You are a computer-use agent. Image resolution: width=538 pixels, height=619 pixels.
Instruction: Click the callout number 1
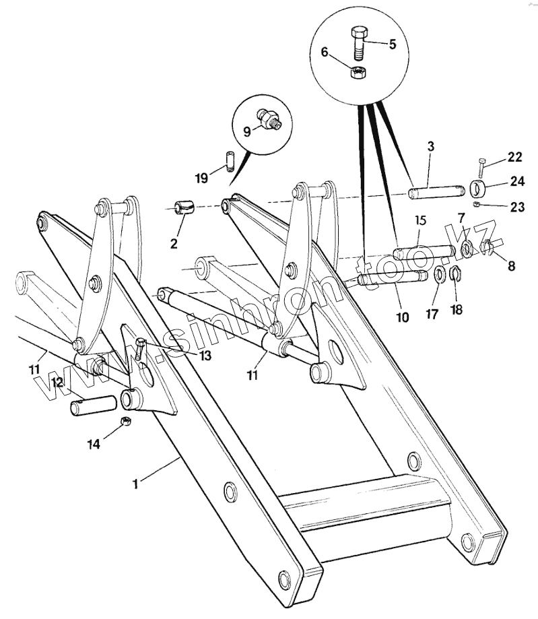click(x=135, y=483)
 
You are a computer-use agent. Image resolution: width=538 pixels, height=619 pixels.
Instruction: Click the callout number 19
click(x=202, y=178)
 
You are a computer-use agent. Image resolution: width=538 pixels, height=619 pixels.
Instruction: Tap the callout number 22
click(x=515, y=157)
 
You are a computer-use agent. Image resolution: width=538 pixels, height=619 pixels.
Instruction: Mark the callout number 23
click(x=517, y=207)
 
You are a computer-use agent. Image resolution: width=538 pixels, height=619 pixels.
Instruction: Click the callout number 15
click(x=419, y=220)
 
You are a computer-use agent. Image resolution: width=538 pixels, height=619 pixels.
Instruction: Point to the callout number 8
click(x=511, y=266)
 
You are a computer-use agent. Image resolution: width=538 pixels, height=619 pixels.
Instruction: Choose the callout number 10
click(x=402, y=317)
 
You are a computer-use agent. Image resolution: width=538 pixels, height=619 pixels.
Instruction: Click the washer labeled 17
click(x=438, y=274)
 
